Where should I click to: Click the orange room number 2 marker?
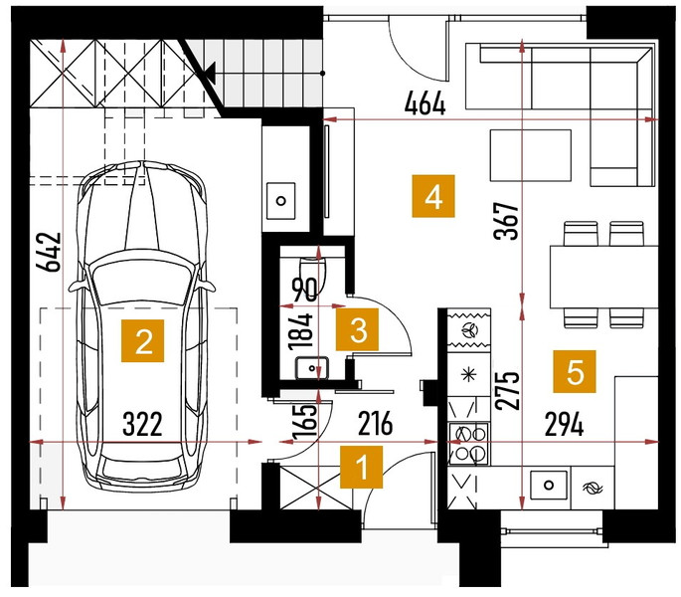click(x=142, y=341)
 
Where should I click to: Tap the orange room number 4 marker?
click(x=433, y=196)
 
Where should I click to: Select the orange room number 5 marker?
click(x=575, y=372)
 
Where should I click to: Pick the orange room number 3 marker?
click(x=358, y=329)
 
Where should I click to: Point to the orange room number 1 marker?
click(x=361, y=467)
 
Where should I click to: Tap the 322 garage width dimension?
click(x=142, y=425)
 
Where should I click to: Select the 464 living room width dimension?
click(x=425, y=103)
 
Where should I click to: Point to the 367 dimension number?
click(x=507, y=221)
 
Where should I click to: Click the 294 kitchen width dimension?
click(x=564, y=425)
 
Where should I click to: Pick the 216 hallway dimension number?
click(x=375, y=424)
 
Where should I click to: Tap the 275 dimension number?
click(x=508, y=391)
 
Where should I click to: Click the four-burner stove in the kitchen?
click(x=468, y=444)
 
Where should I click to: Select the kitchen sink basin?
click(x=549, y=485)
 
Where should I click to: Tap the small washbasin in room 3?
click(x=312, y=368)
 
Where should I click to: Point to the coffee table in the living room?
click(x=531, y=155)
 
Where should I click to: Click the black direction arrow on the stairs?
click(x=211, y=73)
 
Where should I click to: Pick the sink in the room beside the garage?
click(x=281, y=201)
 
